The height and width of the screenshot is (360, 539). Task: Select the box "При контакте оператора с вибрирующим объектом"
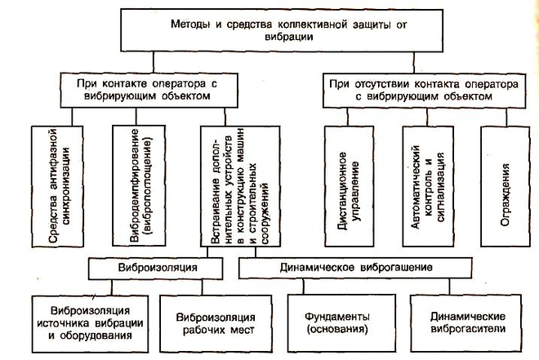coord(149,90)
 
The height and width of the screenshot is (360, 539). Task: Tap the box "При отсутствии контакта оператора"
coord(424,91)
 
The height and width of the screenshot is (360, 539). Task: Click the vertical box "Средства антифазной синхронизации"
coord(57,186)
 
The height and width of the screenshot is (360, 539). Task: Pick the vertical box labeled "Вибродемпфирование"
coord(139,186)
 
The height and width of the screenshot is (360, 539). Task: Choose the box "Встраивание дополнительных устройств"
coord(240,186)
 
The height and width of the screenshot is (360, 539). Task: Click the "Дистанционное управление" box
coord(350,186)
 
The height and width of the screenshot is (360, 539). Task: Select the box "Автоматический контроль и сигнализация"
coord(428,186)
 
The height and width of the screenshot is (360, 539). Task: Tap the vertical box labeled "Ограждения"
coord(506,186)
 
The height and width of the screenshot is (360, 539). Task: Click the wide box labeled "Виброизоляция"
coord(155,269)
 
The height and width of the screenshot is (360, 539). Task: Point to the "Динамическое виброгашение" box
coord(355,268)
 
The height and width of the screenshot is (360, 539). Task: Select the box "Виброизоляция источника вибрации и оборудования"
coord(90,324)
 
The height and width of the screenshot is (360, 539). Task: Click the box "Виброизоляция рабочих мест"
coord(216,323)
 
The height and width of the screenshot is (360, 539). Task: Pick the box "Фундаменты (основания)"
coord(341,323)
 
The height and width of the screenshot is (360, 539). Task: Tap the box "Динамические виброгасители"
coord(466,323)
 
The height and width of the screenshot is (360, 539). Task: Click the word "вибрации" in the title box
coord(289,37)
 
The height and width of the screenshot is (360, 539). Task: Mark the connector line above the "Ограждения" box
coord(506,117)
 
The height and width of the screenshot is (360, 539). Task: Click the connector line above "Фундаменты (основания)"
coord(303,287)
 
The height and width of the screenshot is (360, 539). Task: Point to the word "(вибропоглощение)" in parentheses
coord(149,186)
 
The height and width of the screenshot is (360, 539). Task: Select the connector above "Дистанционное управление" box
coord(348,117)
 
